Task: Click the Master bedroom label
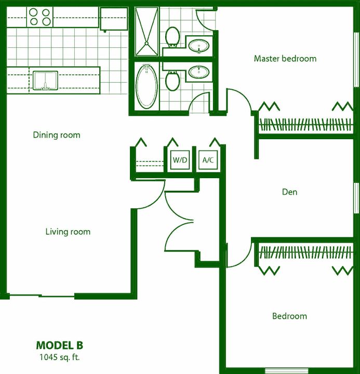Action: tap(285, 59)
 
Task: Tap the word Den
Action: tap(289, 192)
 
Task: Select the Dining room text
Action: tap(57, 135)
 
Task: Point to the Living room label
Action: tap(68, 232)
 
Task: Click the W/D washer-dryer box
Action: tap(180, 160)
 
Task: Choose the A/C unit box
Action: tap(208, 160)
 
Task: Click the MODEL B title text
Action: tap(59, 345)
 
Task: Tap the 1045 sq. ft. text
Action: tap(59, 357)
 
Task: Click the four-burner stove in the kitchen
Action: tap(40, 16)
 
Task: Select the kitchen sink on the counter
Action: tap(45, 81)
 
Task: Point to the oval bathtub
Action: tap(146, 86)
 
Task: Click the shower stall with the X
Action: tap(146, 31)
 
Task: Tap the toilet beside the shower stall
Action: tap(172, 37)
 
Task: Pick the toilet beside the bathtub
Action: tap(172, 81)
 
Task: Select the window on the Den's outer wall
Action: tap(356, 197)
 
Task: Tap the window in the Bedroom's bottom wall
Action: tap(279, 371)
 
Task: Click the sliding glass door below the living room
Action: tap(42, 296)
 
